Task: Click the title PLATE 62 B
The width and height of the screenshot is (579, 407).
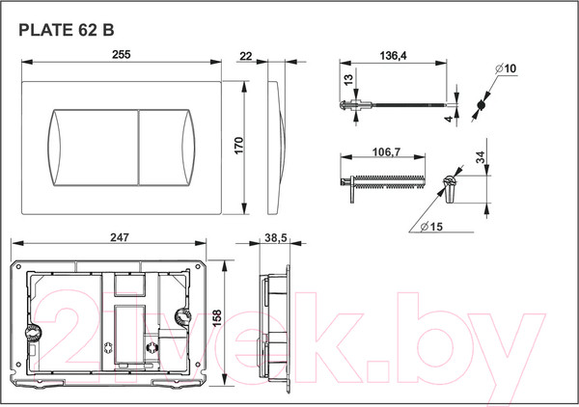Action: pyautogui.click(x=67, y=30)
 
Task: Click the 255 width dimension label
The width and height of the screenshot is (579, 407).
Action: pyautogui.click(x=122, y=55)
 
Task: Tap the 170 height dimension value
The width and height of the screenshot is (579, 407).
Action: pyautogui.click(x=239, y=146)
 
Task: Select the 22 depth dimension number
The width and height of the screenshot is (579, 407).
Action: pyautogui.click(x=245, y=56)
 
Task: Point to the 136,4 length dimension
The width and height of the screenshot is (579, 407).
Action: pyautogui.click(x=394, y=56)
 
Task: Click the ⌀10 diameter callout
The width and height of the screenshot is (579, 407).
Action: pyautogui.click(x=506, y=68)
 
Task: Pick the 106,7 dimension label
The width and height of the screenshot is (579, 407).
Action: pyautogui.click(x=386, y=151)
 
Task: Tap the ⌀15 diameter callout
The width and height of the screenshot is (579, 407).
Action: pyautogui.click(x=431, y=227)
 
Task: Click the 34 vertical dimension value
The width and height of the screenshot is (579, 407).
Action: pyautogui.click(x=481, y=157)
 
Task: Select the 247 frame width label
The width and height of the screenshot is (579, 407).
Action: pyautogui.click(x=120, y=237)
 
